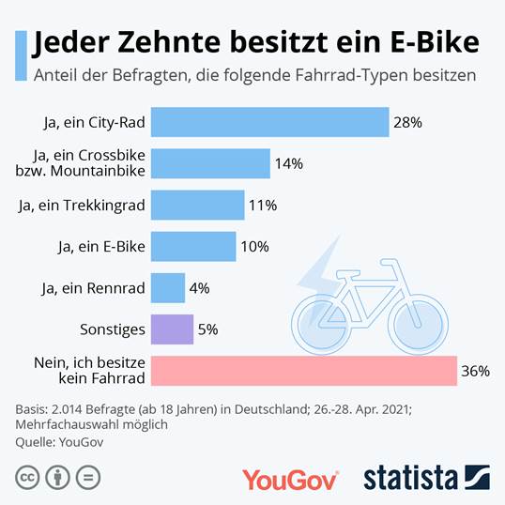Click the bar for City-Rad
coord(269,122)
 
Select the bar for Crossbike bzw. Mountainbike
coord(210,163)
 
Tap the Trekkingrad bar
coord(197,205)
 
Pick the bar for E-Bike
coord(193,246)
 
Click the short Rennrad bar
coord(167,287)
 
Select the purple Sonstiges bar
coord(172,329)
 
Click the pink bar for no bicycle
coord(303,371)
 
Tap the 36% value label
coord(475,371)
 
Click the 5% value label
coord(207,329)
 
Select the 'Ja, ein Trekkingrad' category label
coord(82,205)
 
